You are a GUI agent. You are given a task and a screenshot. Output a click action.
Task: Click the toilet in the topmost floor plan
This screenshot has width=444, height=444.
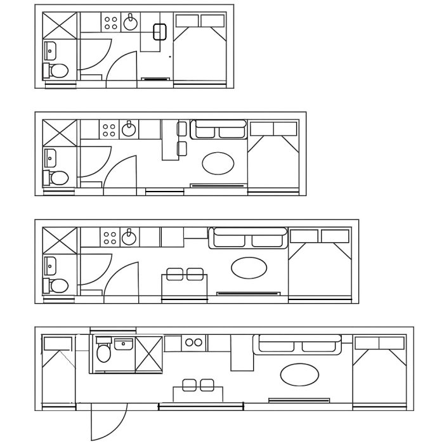[x=56, y=70]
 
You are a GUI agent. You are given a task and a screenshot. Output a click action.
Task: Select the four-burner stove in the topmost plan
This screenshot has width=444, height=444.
[x=110, y=23]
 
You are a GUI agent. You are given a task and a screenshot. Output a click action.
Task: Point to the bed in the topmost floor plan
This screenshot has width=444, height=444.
[x=201, y=51]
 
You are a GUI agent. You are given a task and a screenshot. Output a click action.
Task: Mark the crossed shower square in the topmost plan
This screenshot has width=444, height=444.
[x=60, y=25]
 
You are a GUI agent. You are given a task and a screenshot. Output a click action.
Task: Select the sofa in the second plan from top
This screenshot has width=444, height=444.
[x=218, y=130]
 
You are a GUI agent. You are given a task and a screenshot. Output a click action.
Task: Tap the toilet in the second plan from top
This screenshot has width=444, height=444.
[x=56, y=177]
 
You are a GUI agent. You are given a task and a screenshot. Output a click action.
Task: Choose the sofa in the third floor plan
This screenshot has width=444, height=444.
[x=247, y=238]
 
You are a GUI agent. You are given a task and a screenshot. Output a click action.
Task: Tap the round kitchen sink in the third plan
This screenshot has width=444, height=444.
[x=129, y=237]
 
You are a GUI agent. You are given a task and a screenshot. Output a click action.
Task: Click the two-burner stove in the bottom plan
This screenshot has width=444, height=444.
[x=193, y=343]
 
